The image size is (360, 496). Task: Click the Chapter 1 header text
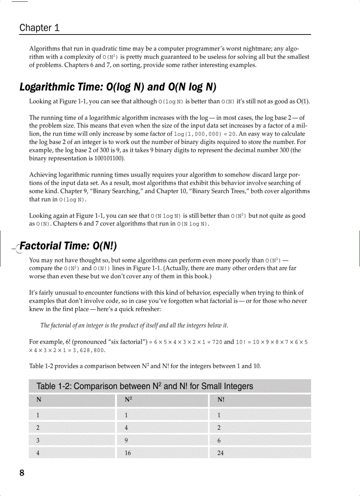pyautogui.click(x=39, y=27)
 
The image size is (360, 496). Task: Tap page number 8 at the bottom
pyautogui.click(x=22, y=473)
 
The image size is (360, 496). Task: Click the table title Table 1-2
pyautogui.click(x=145, y=386)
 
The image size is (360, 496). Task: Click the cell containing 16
pyautogui.click(x=127, y=453)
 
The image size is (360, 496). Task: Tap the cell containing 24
pyautogui.click(x=221, y=453)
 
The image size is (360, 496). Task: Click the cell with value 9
pyautogui.click(x=126, y=440)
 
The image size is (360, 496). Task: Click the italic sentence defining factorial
pyautogui.click(x=134, y=326)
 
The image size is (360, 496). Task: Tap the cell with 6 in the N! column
pyautogui.click(x=219, y=440)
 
